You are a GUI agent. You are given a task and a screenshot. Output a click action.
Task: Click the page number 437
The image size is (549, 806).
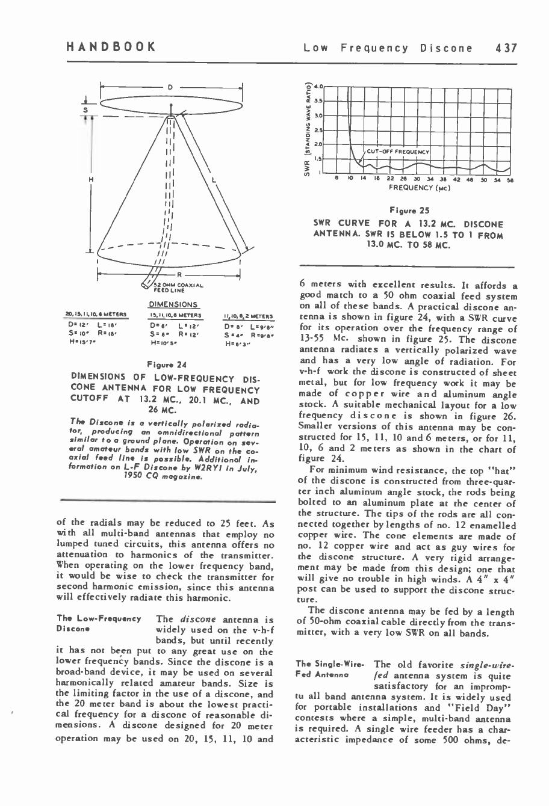(506, 48)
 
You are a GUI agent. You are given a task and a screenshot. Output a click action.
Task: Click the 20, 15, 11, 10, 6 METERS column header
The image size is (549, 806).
(101, 314)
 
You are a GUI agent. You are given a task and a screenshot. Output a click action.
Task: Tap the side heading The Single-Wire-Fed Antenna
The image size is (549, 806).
(330, 669)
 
